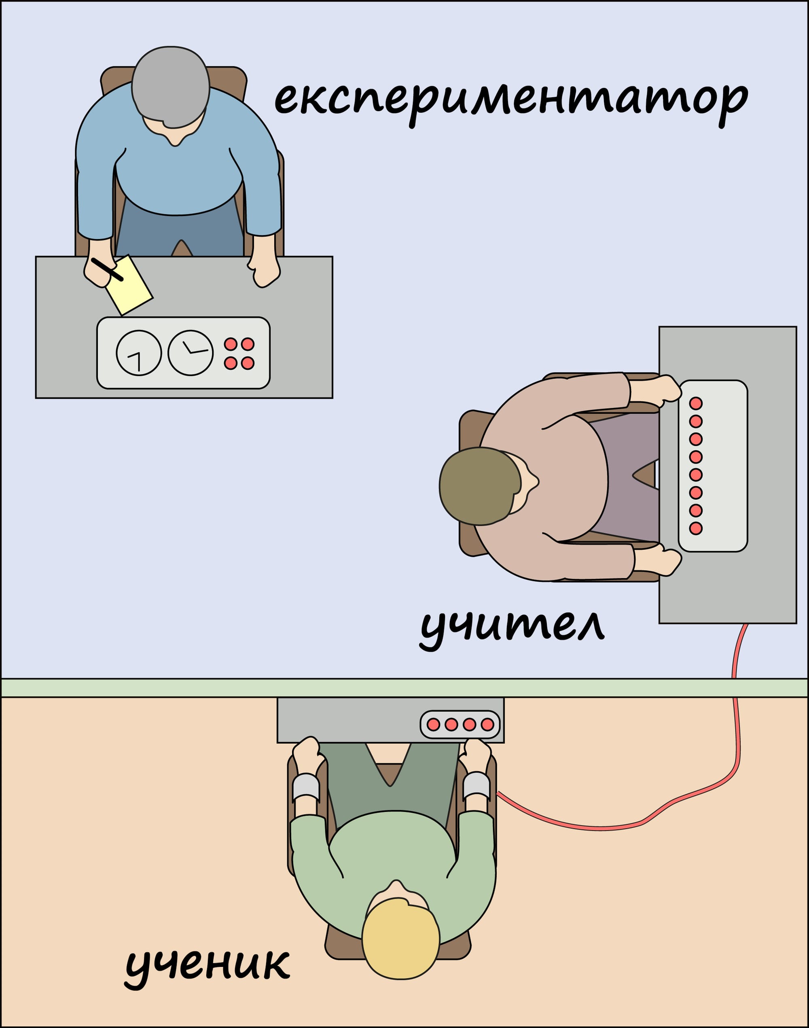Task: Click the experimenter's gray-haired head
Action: (x=171, y=85)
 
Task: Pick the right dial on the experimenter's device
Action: (x=191, y=353)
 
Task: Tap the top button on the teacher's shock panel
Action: (x=696, y=404)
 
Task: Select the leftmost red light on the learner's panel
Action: (x=433, y=724)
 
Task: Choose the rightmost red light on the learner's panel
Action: (x=487, y=724)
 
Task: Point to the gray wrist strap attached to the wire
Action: (x=476, y=787)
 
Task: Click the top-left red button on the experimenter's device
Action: (x=231, y=344)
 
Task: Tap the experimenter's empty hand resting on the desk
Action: (x=264, y=273)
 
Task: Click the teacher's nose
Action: (x=536, y=481)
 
